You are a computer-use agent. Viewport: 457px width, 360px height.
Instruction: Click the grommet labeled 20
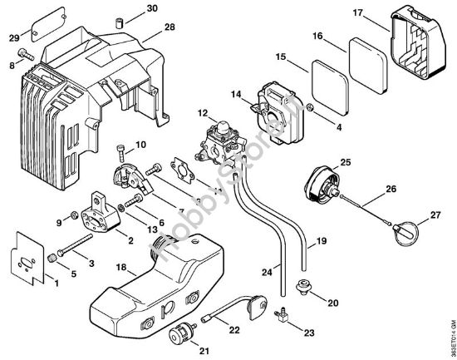click(x=303, y=288)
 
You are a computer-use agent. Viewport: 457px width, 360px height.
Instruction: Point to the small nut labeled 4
click(x=309, y=107)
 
